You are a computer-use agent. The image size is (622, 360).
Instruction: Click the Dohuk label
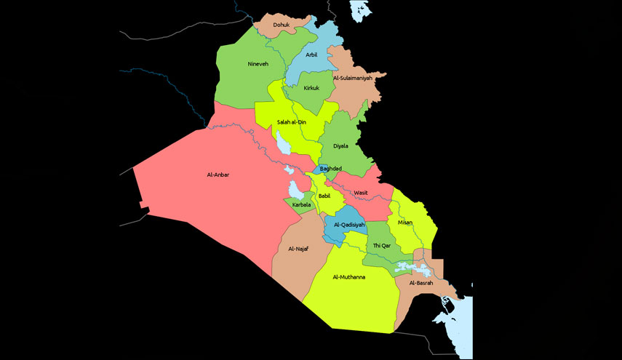click(282, 25)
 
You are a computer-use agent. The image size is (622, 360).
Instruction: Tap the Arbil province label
click(311, 55)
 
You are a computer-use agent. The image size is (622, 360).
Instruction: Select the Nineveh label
click(258, 64)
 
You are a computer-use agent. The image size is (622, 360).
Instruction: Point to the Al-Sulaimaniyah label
click(353, 77)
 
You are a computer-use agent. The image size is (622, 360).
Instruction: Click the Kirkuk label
click(312, 88)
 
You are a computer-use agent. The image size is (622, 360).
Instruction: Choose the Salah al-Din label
click(291, 122)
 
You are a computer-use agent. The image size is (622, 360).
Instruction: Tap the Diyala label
click(340, 145)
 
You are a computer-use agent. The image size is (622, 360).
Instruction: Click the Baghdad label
click(331, 169)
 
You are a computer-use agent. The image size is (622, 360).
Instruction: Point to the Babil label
click(324, 196)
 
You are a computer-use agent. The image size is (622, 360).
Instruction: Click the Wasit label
click(361, 193)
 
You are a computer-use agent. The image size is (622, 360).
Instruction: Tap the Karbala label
click(301, 205)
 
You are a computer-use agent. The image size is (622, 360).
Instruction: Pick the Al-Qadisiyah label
click(348, 225)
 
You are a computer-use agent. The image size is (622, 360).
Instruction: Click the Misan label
click(405, 223)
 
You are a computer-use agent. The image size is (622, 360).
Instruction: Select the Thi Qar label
click(382, 246)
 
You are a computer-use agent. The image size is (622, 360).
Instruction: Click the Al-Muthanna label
click(349, 277)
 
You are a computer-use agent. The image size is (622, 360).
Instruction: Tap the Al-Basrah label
click(421, 282)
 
